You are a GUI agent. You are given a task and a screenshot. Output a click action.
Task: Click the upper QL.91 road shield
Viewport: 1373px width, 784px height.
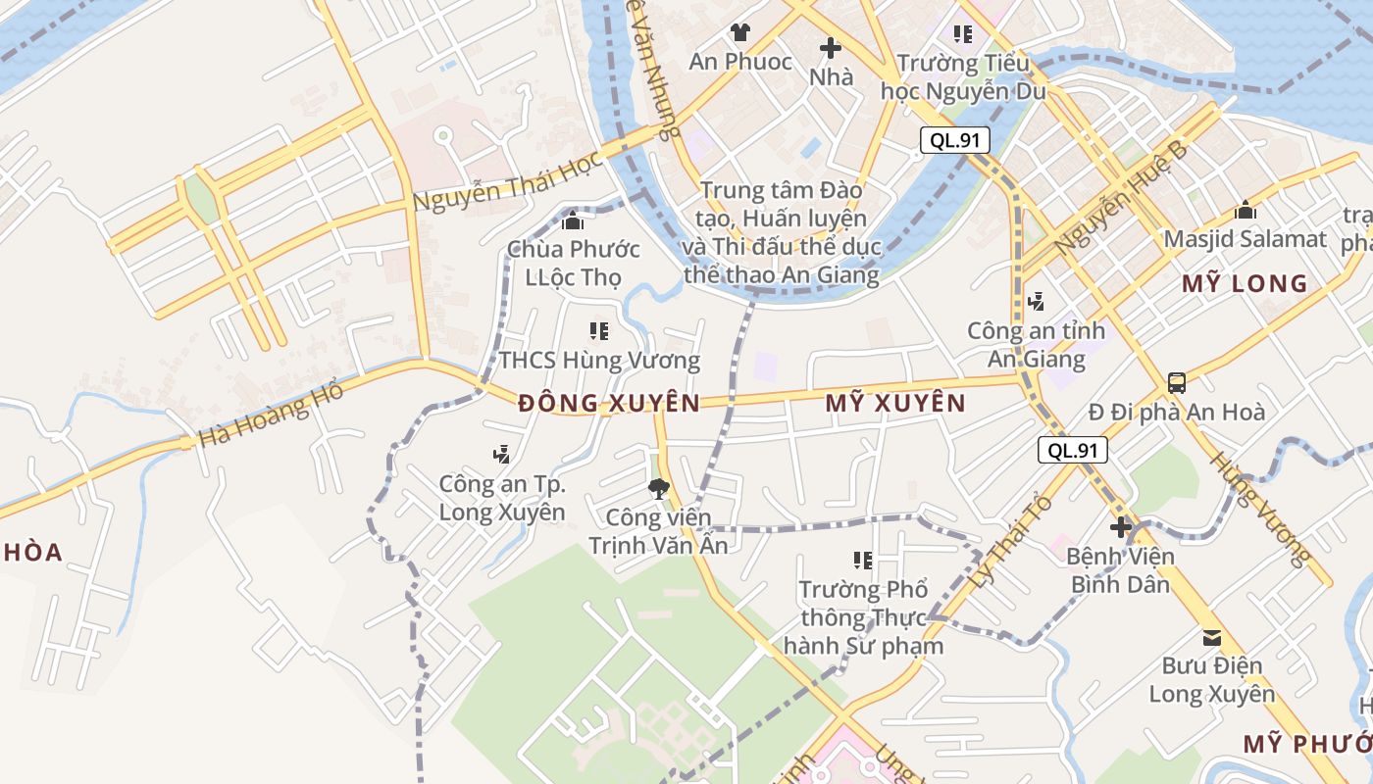coord(954,140)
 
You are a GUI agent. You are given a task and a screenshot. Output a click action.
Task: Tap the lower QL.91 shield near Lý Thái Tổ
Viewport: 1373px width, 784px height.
coord(1072,450)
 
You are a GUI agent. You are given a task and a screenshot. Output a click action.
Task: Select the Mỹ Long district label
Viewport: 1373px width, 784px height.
coord(1244,284)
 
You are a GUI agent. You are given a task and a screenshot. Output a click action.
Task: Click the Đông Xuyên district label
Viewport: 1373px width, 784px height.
coord(609,403)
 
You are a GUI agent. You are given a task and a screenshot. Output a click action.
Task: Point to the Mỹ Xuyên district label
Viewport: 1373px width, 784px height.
coord(895,403)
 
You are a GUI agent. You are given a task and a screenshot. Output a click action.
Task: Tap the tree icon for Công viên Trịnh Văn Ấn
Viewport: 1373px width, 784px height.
coord(658,488)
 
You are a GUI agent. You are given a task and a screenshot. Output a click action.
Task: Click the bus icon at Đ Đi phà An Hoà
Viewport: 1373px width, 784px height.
coord(1176,383)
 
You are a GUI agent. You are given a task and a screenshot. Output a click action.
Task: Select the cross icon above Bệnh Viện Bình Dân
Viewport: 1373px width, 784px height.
coord(1120,528)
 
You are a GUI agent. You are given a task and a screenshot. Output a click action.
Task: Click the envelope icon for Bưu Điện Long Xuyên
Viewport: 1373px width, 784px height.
coord(1212,638)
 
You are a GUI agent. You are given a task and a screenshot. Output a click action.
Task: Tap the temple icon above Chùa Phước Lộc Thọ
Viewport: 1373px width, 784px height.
coord(573,221)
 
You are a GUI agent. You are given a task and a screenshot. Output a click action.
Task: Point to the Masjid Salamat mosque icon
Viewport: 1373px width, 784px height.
coord(1246,210)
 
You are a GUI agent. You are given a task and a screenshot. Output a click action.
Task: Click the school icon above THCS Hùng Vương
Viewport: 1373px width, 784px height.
coord(599,331)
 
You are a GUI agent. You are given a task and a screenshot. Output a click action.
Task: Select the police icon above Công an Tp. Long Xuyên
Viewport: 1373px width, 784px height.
coord(501,454)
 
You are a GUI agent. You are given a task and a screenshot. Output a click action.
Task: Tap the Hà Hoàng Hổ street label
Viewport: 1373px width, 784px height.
coord(271,415)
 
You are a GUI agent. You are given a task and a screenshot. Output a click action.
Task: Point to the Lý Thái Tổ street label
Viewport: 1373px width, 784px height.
coord(1010,542)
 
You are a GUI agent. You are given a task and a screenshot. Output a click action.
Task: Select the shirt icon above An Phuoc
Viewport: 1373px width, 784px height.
coord(739,32)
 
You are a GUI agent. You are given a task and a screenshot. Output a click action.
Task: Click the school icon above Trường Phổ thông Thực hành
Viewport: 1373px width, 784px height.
coord(862,561)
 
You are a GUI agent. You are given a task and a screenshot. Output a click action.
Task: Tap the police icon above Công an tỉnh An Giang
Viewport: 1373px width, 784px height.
coord(1036,302)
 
